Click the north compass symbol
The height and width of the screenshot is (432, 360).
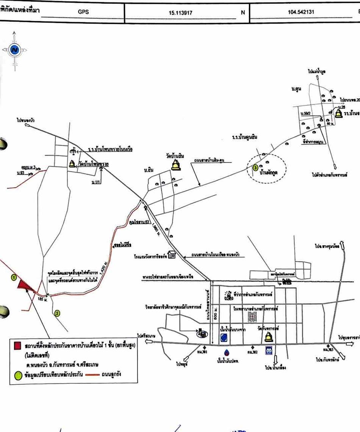point(14,49)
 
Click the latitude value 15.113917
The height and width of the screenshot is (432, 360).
point(181,13)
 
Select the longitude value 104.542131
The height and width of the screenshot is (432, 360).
point(301,12)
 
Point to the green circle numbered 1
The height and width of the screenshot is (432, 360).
point(14,278)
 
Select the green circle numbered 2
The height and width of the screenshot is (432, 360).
point(57,313)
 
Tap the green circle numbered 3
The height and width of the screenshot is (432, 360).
point(255,167)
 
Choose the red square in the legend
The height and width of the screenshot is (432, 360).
point(17,345)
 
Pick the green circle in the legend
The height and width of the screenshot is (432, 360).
point(17,376)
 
